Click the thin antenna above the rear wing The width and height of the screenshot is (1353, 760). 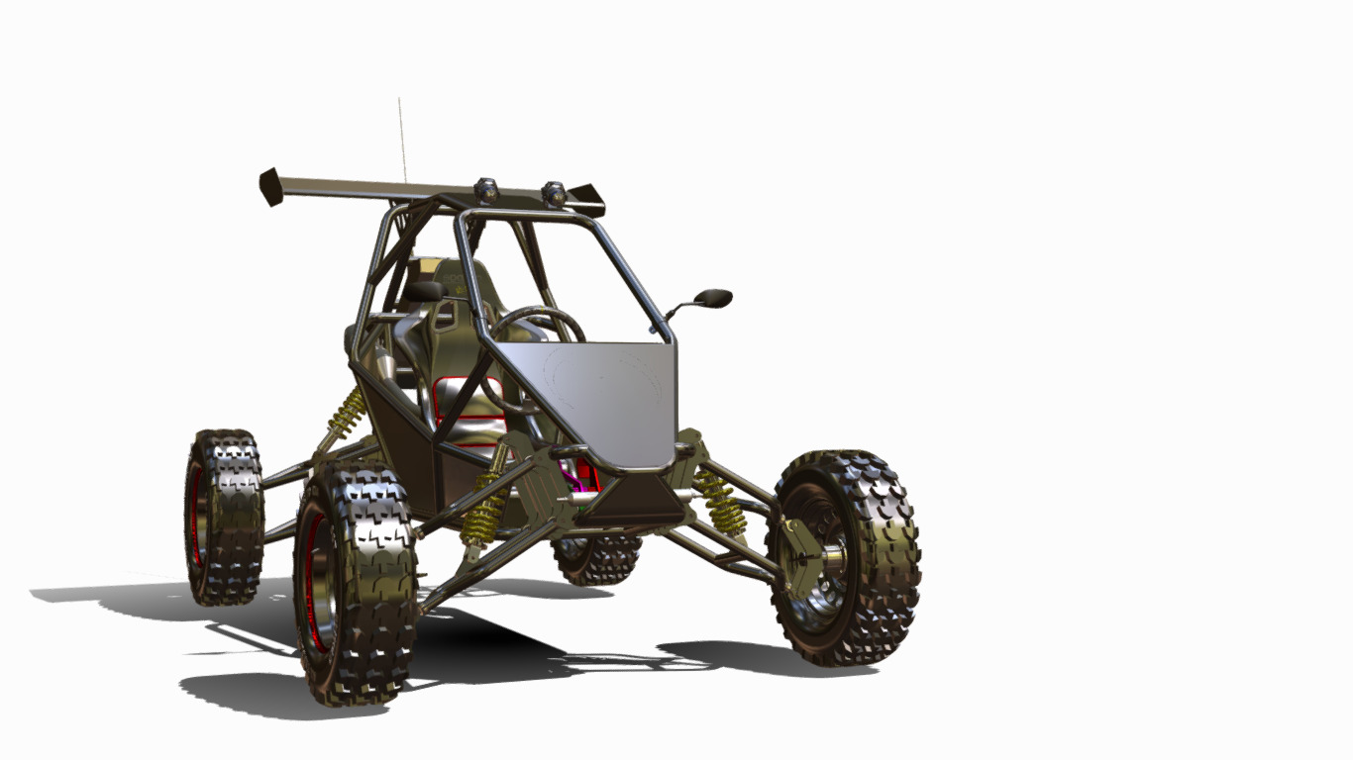401,139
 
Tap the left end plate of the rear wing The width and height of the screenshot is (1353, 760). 270,186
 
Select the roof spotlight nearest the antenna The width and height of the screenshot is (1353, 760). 485,189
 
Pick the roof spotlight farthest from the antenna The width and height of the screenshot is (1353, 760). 554,194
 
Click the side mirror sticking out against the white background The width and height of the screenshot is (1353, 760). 712,297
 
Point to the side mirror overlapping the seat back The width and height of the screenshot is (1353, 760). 426,291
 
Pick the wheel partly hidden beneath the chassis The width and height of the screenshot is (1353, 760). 597,559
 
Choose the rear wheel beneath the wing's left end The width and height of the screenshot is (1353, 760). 223,515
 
